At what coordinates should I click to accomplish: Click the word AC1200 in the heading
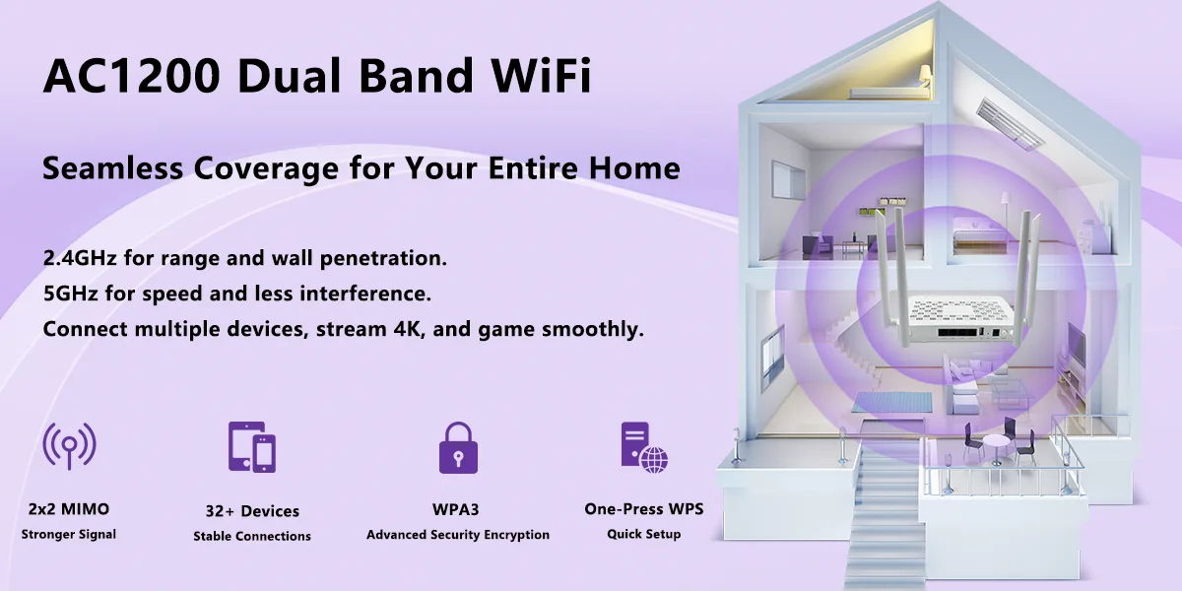[131, 76]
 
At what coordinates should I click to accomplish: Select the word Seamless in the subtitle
[113, 167]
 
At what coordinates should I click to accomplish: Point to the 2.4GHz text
[80, 258]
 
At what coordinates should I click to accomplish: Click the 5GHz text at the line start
[71, 294]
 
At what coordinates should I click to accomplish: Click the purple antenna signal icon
[70, 446]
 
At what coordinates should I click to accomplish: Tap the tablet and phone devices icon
[252, 447]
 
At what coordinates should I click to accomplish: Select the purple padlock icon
[458, 447]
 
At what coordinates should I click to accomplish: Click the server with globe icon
[644, 447]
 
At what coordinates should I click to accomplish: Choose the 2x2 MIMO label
[69, 509]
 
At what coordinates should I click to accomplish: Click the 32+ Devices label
[252, 511]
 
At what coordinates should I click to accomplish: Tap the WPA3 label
[455, 510]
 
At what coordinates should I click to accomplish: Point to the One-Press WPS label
[644, 509]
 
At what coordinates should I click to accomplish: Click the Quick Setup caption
[644, 534]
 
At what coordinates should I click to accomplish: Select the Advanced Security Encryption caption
[458, 535]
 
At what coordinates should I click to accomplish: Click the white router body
[956, 317]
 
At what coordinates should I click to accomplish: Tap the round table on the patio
[995, 447]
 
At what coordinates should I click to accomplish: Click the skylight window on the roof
[1009, 123]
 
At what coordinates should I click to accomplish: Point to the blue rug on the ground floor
[891, 402]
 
